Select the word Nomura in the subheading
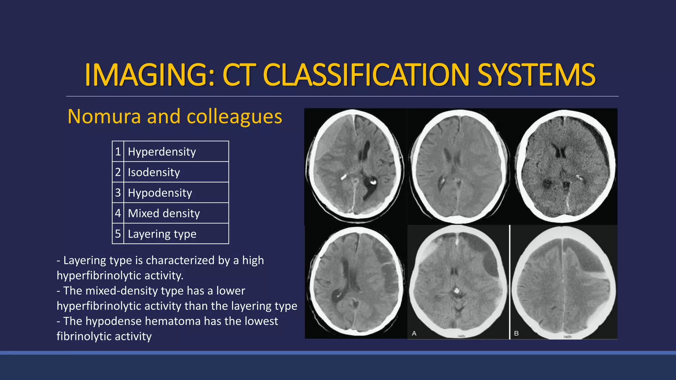(104, 116)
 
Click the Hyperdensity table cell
(176, 151)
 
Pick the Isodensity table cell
(176, 172)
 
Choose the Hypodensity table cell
(176, 193)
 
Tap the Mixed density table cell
(176, 213)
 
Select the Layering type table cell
(176, 234)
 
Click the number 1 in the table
(118, 151)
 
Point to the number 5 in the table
(118, 234)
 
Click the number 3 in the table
(118, 193)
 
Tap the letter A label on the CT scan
(414, 333)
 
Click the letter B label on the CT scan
(517, 333)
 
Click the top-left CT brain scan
(355, 167)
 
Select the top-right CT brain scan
(565, 167)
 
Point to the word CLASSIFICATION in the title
(366, 75)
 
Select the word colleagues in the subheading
(234, 116)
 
